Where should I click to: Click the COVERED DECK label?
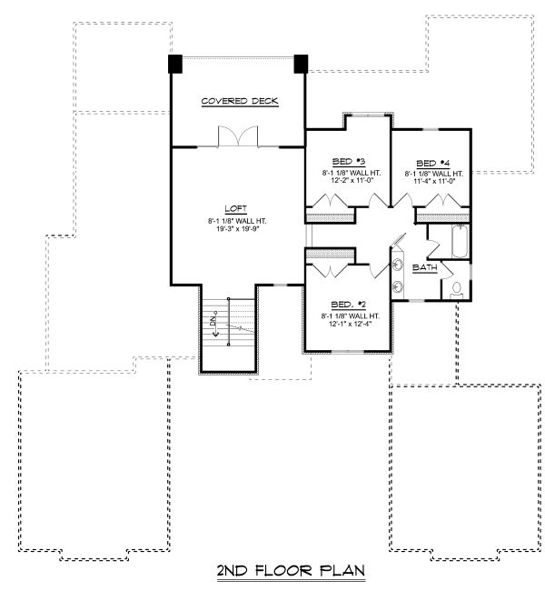click(x=240, y=101)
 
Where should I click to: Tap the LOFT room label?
click(x=236, y=208)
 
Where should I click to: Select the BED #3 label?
click(x=349, y=162)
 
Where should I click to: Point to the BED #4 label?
click(x=433, y=163)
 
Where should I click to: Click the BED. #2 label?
click(x=349, y=305)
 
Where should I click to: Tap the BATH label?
click(x=425, y=267)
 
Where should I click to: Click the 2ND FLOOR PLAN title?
click(x=291, y=571)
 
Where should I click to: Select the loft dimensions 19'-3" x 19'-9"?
click(x=238, y=229)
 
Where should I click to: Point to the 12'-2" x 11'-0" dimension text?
click(x=351, y=180)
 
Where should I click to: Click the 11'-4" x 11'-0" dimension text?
click(x=435, y=181)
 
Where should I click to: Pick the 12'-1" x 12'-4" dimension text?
click(x=350, y=324)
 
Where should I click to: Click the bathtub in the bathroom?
click(x=460, y=241)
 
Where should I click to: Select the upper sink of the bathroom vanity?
click(x=397, y=264)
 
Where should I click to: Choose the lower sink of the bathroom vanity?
click(x=397, y=287)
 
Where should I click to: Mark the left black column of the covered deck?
click(x=175, y=64)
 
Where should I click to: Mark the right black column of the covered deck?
click(x=301, y=64)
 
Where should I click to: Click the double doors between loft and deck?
click(x=238, y=136)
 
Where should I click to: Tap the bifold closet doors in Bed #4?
click(x=443, y=201)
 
